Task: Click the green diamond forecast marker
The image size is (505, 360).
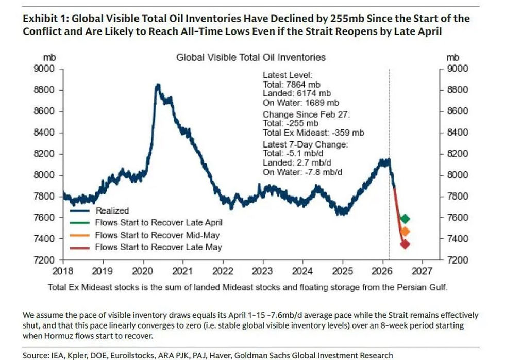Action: tap(405, 219)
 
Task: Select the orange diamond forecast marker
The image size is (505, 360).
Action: tap(405, 232)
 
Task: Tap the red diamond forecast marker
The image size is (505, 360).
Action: tap(405, 244)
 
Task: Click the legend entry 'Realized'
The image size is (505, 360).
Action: tap(112, 210)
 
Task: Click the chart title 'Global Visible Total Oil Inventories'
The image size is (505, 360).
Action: tap(251, 57)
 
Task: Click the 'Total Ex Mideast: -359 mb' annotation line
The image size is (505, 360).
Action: tap(313, 133)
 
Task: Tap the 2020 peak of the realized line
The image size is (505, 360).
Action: tap(158, 84)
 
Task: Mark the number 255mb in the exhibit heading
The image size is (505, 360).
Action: tap(336, 19)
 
